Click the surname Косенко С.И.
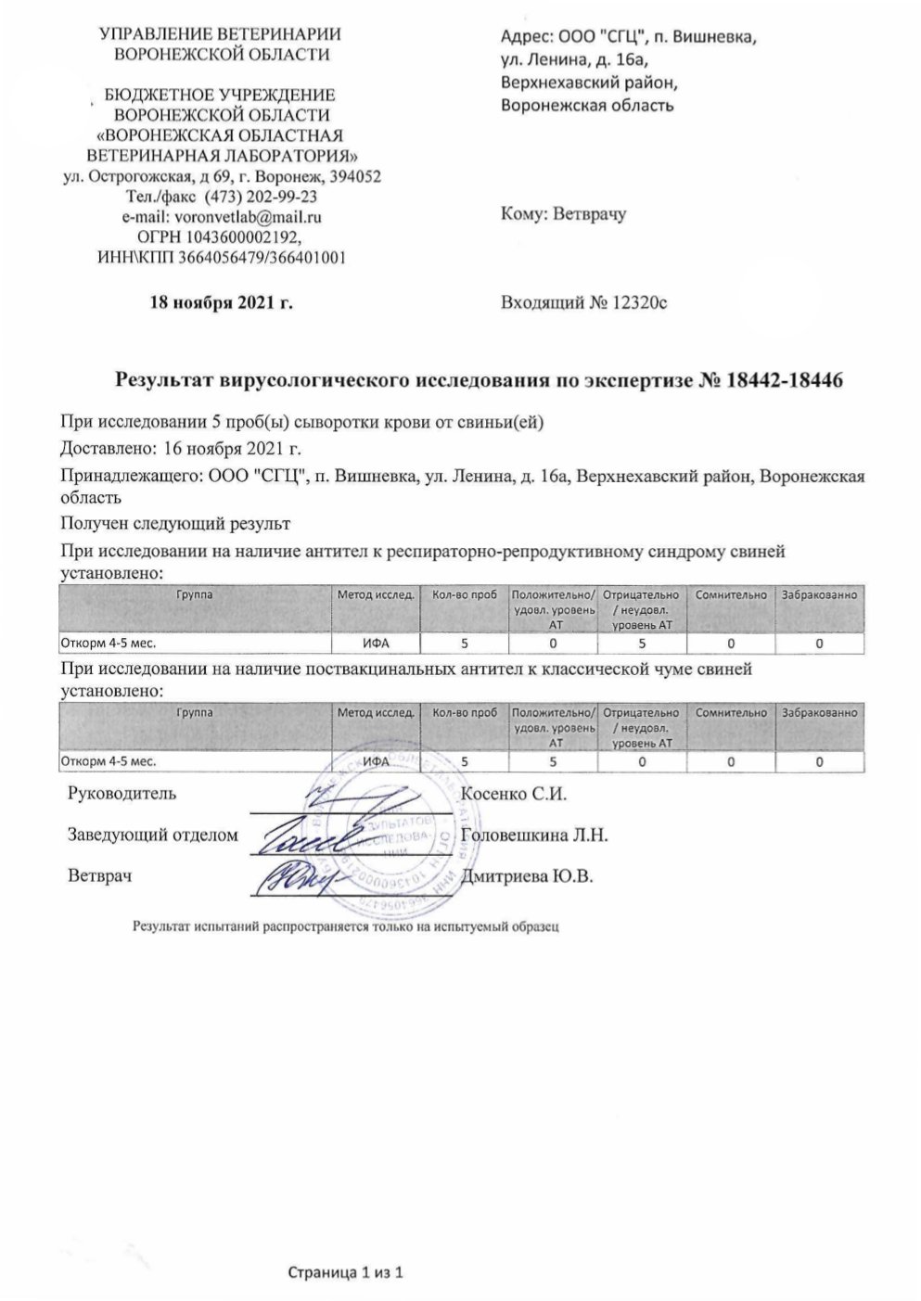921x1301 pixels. point(513,794)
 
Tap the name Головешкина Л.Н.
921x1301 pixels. point(533,835)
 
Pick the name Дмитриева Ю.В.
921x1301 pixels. point(526,876)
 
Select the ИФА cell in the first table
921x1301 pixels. point(375,643)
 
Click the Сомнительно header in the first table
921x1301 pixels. point(730,595)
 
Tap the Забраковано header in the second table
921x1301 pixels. point(820,713)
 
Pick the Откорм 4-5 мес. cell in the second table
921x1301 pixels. point(109,761)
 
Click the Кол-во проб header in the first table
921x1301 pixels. point(464,595)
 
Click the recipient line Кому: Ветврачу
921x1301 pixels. point(563,214)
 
